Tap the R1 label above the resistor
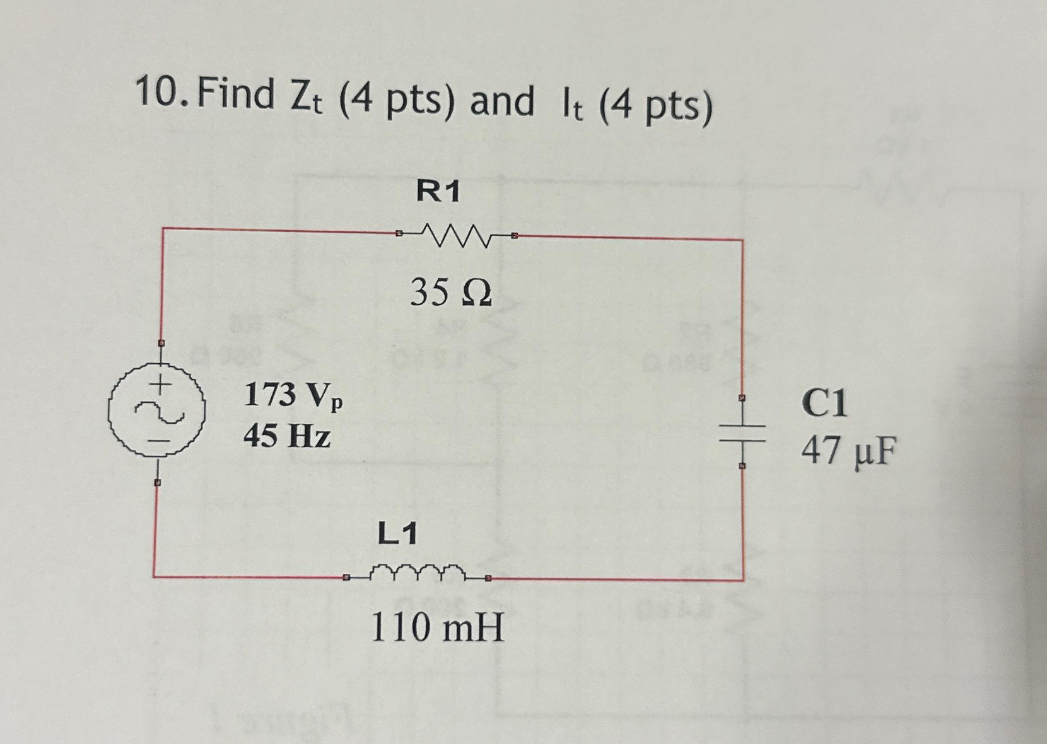tap(438, 191)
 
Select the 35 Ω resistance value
tap(451, 293)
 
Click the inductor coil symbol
tap(416, 573)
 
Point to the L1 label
tap(397, 535)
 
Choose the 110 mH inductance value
tap(438, 628)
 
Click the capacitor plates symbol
tap(742, 432)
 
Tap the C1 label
tap(824, 403)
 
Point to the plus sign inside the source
tap(163, 383)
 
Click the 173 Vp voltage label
tap(293, 396)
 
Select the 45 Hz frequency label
tap(287, 435)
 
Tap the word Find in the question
tap(236, 95)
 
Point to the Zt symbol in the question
tap(307, 99)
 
